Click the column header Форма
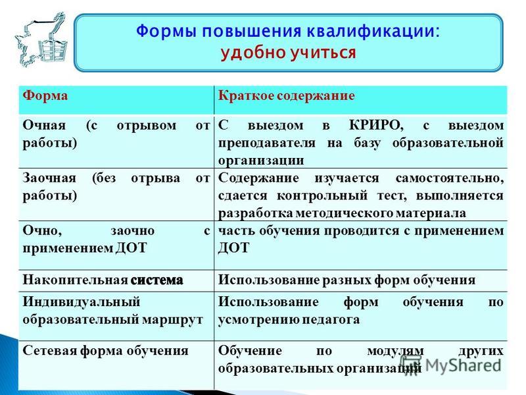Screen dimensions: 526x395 click(45, 95)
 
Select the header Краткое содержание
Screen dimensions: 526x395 click(286, 96)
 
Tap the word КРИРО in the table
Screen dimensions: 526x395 click(376, 126)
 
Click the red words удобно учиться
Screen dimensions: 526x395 click(288, 53)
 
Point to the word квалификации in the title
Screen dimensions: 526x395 click(373, 32)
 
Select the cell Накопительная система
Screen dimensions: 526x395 click(103, 280)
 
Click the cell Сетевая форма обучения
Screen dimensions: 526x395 click(105, 351)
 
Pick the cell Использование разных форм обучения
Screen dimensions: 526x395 click(347, 280)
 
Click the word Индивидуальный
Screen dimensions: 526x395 click(81, 302)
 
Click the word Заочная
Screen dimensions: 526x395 click(49, 178)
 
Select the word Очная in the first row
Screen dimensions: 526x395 click(44, 125)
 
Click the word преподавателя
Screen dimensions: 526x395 click(267, 143)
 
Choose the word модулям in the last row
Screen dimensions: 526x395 click(395, 351)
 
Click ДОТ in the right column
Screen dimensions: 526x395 click(233, 248)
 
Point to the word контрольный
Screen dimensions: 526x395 click(322, 196)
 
